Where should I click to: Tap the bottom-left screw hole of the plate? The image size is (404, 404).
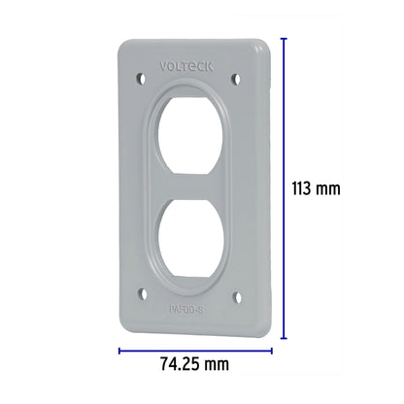coord(146,290)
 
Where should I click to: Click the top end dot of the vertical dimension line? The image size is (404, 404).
coord(284,38)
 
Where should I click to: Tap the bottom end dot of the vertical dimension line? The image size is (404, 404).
coord(284,339)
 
